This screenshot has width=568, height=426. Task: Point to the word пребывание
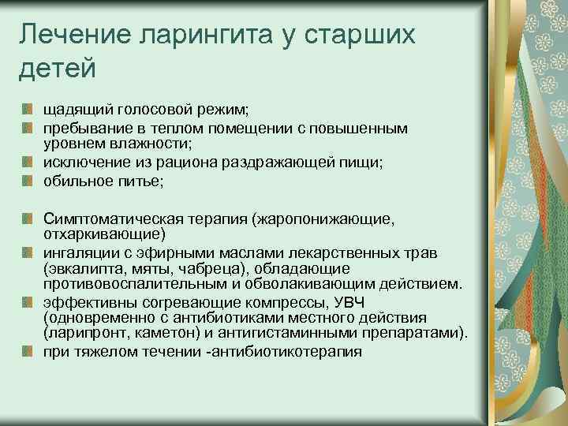(x=88, y=127)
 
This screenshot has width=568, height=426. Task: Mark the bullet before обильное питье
(x=28, y=181)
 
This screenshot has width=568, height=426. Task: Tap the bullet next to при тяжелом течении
(x=28, y=352)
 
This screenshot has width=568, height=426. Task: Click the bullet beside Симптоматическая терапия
(x=28, y=217)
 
